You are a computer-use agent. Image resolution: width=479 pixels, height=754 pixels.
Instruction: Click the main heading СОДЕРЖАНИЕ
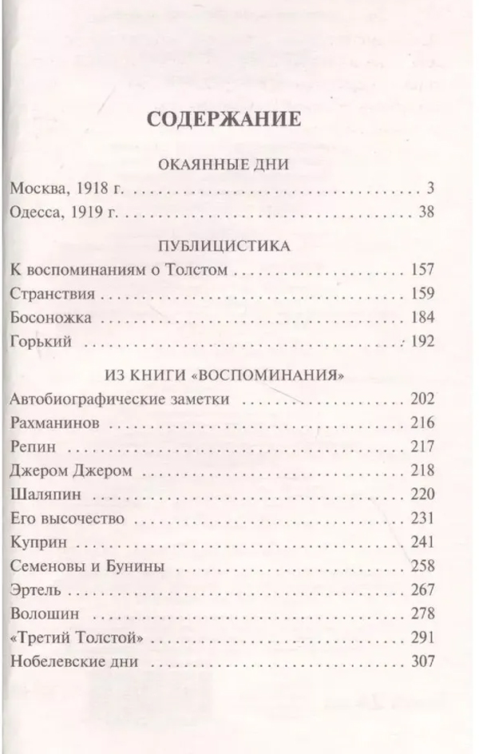tap(224, 120)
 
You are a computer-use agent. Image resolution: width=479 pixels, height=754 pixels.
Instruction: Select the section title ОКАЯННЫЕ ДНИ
tap(224, 165)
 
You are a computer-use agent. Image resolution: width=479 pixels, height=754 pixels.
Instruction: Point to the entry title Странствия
tap(48, 293)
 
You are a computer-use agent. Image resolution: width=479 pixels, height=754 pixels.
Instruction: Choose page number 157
tap(421, 270)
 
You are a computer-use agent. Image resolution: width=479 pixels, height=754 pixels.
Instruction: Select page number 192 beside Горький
tap(421, 341)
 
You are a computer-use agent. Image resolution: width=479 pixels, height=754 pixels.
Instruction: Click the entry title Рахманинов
tap(57, 422)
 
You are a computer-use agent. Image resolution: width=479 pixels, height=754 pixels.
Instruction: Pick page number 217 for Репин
tap(421, 446)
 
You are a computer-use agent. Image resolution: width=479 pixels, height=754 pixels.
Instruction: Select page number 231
tap(421, 518)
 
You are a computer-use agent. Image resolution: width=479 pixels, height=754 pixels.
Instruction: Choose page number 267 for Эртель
tap(421, 589)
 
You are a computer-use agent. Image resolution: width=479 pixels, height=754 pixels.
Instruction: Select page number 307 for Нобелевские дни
tap(421, 661)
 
